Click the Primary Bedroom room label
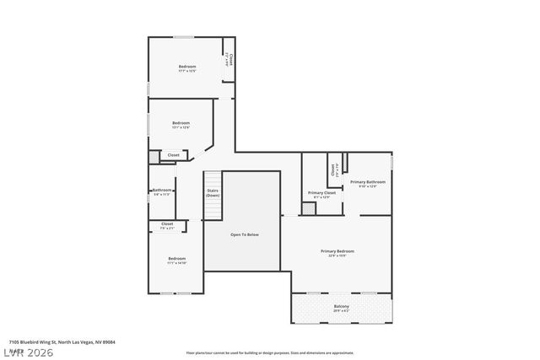pos(337,250)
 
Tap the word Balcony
pos(341,306)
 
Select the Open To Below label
pos(244,234)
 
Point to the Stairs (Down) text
pos(213,193)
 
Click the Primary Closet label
pos(321,193)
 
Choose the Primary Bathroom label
pos(368,182)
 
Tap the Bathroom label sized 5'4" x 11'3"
pos(162,191)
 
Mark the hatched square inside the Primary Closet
pos(309,207)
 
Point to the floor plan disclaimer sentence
pos(269,352)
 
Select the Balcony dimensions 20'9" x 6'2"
pos(341,311)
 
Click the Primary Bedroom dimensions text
pos(337,255)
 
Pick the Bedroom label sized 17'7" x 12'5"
pos(186,67)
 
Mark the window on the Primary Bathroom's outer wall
pos(392,161)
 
